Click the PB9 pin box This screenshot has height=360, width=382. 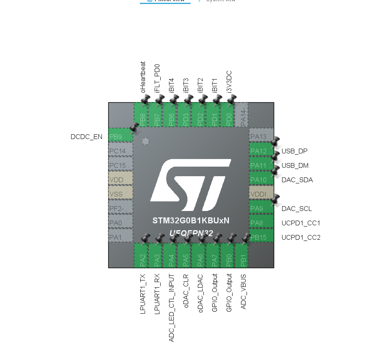120,137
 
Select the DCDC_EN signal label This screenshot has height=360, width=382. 86,137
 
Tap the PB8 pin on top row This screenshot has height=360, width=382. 142,115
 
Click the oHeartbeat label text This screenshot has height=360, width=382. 143,78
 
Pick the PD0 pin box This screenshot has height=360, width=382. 229,115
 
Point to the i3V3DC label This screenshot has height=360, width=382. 229,82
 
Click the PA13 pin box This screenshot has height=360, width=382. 261,137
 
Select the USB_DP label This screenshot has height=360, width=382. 294,151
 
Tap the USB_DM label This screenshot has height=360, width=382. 295,165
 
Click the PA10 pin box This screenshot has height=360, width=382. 261,180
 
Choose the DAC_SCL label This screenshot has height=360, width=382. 296,209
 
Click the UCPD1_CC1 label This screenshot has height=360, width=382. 301,223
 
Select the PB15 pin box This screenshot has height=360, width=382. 261,237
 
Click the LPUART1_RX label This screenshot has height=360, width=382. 157,294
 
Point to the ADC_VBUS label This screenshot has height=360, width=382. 243,292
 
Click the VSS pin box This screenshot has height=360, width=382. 120,194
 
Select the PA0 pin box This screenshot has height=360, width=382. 120,223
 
